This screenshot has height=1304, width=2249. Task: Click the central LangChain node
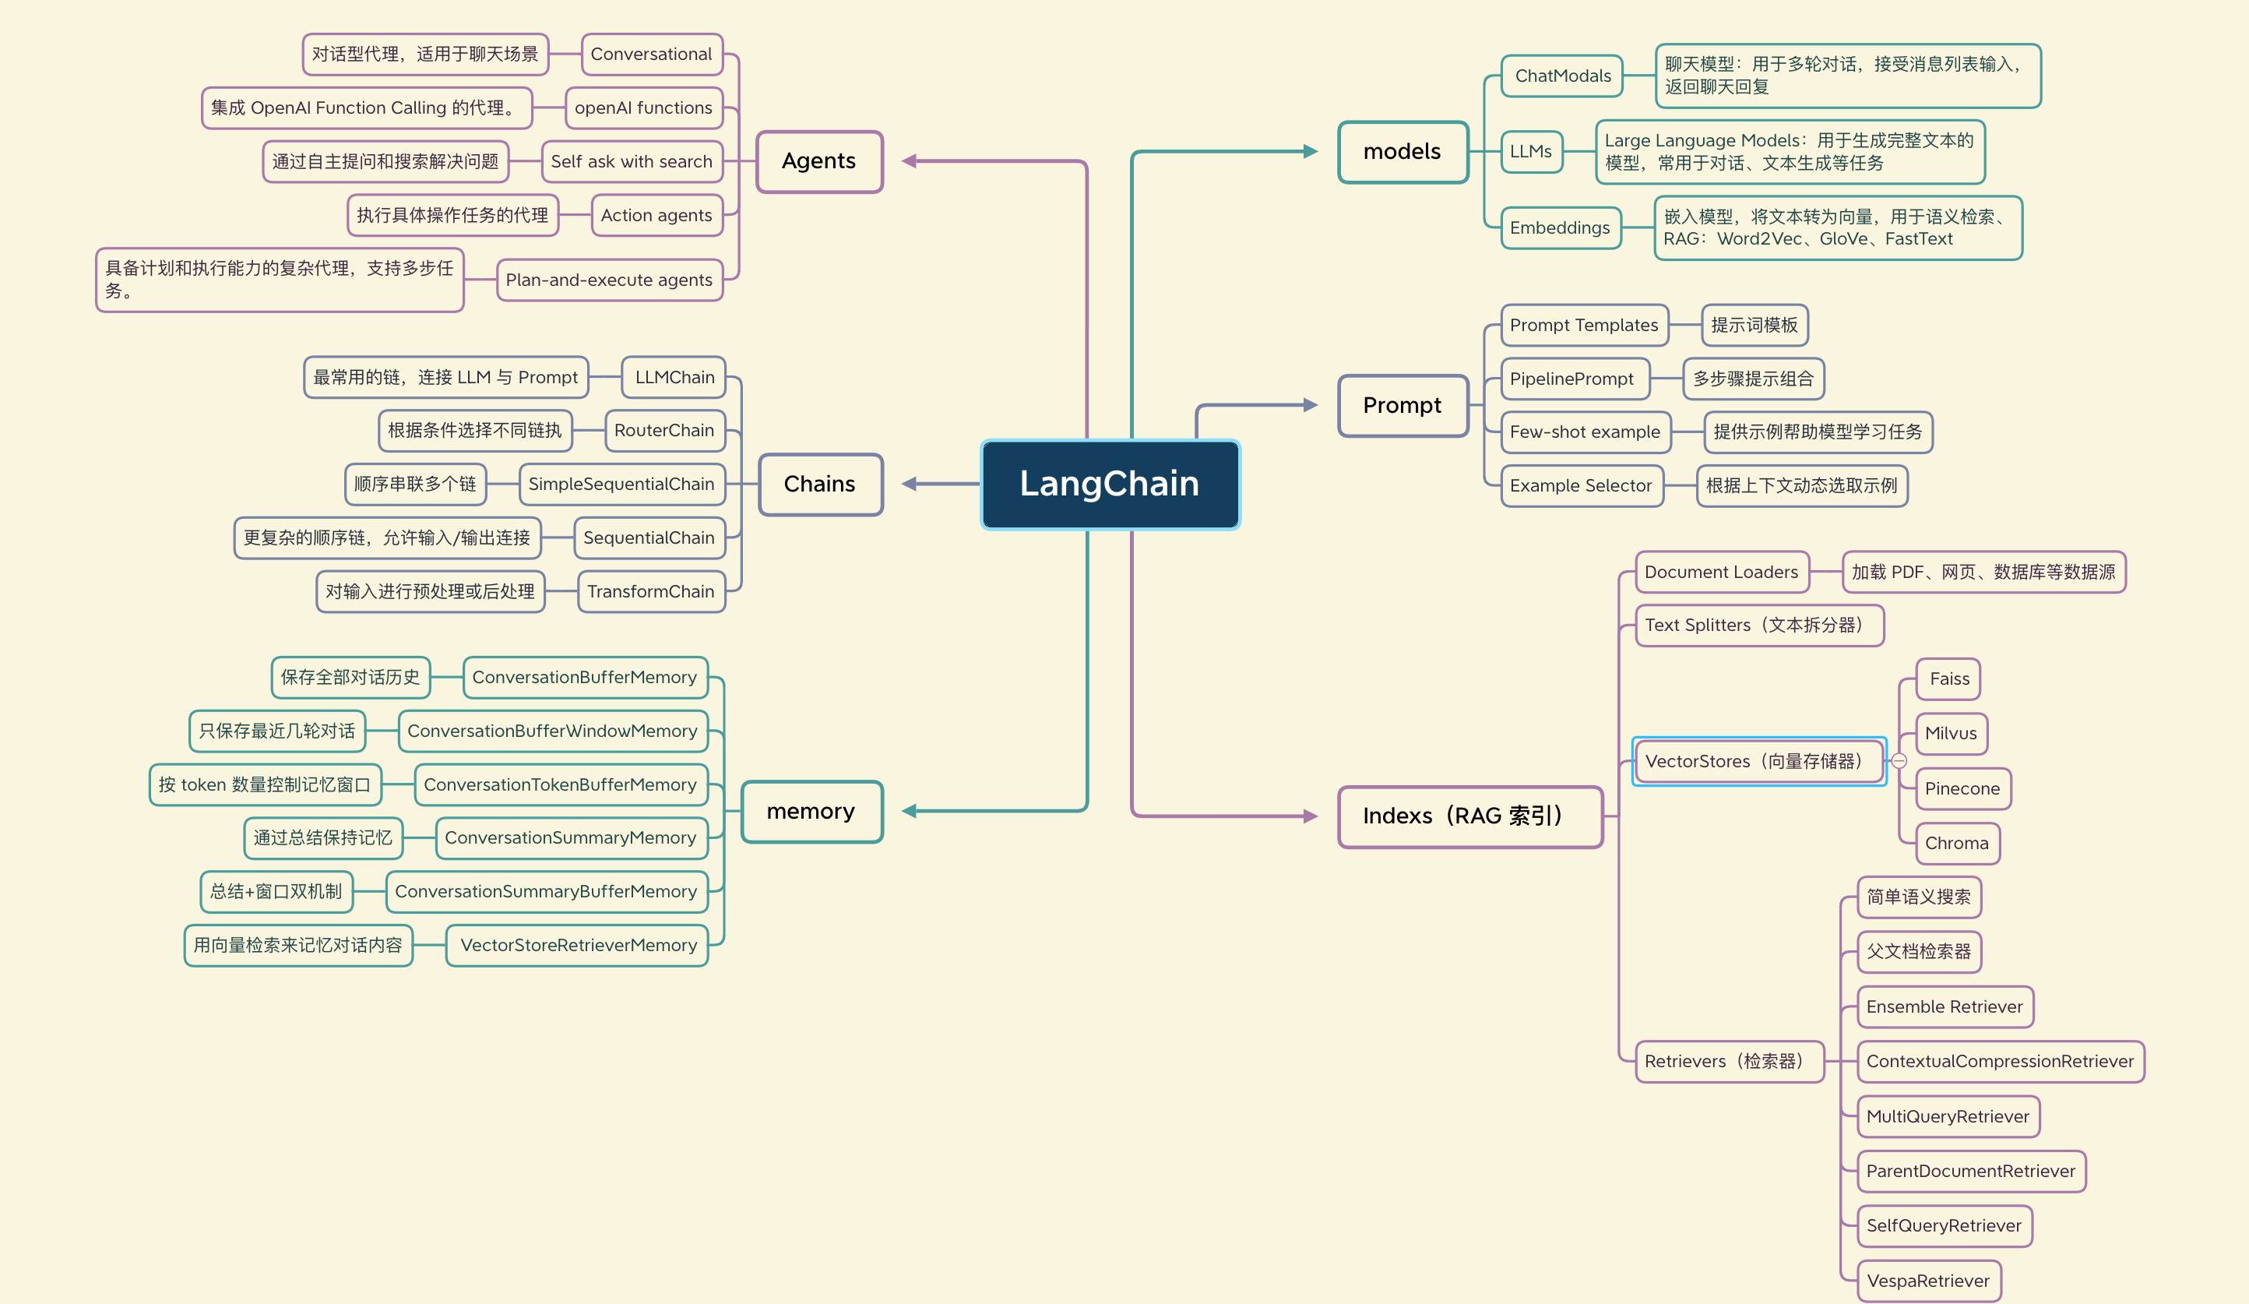1110,484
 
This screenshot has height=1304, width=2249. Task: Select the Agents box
818,161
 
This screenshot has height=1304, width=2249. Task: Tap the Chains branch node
819,484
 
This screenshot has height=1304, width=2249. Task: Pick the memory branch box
811,812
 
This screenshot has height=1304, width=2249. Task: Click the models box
1402,152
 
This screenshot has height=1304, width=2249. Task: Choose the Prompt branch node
1402,405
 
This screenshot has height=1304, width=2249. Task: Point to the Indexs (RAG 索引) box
1469,816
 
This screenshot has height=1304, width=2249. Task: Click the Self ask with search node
631,161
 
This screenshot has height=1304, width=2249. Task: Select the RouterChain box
664,430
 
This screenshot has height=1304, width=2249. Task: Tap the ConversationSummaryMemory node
570,837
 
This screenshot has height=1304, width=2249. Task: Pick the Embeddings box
1560,227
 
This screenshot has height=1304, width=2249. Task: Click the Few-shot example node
1585,432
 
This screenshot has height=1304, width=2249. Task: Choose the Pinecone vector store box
1962,788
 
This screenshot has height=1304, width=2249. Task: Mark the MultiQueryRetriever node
1948,1115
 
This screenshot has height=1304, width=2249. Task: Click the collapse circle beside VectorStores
1899,761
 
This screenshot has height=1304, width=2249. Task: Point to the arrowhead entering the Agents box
910,161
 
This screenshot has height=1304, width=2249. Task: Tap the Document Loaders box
1721,572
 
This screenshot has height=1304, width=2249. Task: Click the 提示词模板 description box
1754,325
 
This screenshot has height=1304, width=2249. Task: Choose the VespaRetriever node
1927,1281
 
